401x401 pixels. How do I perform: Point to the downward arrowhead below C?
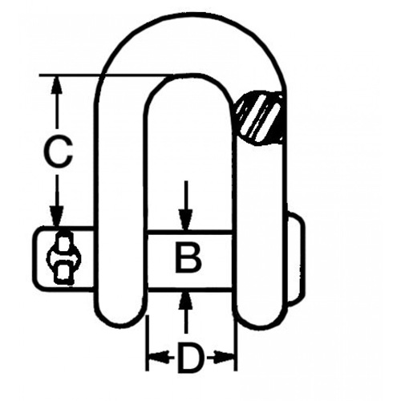(56, 218)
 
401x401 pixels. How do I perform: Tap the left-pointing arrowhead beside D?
(152, 355)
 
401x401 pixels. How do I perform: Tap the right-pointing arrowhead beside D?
(229, 355)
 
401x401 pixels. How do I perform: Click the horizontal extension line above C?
(104, 75)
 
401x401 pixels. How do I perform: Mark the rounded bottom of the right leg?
(258, 317)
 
